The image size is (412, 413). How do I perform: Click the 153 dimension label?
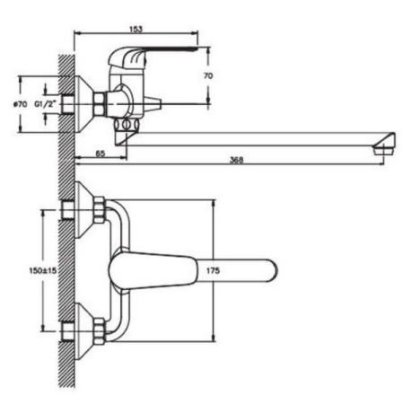tap(136, 29)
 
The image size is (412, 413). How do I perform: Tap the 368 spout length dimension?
tap(236, 160)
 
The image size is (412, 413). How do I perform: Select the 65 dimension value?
tap(101, 154)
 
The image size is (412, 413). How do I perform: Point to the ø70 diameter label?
tap(21, 104)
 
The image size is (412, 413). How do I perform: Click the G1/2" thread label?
tap(46, 104)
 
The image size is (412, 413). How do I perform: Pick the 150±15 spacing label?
tap(43, 270)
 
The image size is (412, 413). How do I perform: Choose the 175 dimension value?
tap(213, 270)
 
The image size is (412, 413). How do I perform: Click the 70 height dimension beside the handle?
tap(208, 76)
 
